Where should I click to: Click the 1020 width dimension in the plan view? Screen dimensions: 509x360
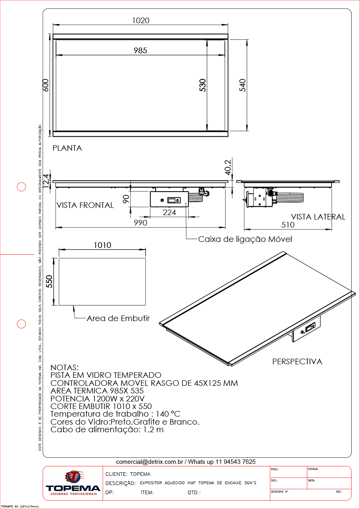coord(140,21)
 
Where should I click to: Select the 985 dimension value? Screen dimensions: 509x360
coord(140,50)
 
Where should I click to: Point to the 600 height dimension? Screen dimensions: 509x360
coord(46,85)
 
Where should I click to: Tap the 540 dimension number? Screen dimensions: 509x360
coord(242,85)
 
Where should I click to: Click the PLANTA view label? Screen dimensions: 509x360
coord(67,148)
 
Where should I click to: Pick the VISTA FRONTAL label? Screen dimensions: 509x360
coord(85,205)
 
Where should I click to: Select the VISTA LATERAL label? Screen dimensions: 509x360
coord(318,217)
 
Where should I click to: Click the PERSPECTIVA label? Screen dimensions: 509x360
coord(297,361)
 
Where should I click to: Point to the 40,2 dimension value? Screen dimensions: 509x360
coord(228,167)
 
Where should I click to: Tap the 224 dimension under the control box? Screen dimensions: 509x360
coord(169,212)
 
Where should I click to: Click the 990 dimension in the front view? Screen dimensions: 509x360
coord(140,223)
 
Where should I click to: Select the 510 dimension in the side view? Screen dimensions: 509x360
coord(288,225)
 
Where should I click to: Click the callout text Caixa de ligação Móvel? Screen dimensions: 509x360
coord(245,239)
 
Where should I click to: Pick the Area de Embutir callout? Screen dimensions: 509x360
coord(118,318)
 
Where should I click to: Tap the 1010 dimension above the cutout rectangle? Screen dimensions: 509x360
coord(102,245)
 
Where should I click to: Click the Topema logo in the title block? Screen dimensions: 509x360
coord(73,483)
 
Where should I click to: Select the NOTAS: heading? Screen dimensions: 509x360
coord(65,367)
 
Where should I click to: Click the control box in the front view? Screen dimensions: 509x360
coord(169,199)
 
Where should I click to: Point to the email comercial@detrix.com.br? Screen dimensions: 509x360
coord(150,461)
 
